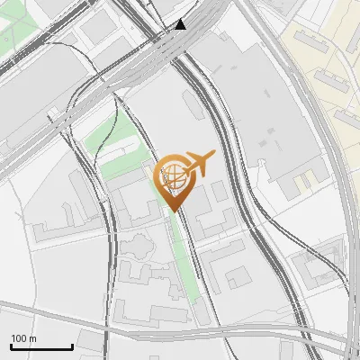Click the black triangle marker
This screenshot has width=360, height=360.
182,24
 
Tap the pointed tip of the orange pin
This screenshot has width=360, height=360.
173,211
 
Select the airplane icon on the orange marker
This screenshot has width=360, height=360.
198,165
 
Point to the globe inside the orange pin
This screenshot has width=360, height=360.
172,177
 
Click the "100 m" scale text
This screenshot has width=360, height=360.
24,338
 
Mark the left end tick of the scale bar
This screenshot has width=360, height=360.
12,346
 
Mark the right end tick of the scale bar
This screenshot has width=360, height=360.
72,346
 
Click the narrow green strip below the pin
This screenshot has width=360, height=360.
187,261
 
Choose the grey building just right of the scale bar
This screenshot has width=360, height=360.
90,341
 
